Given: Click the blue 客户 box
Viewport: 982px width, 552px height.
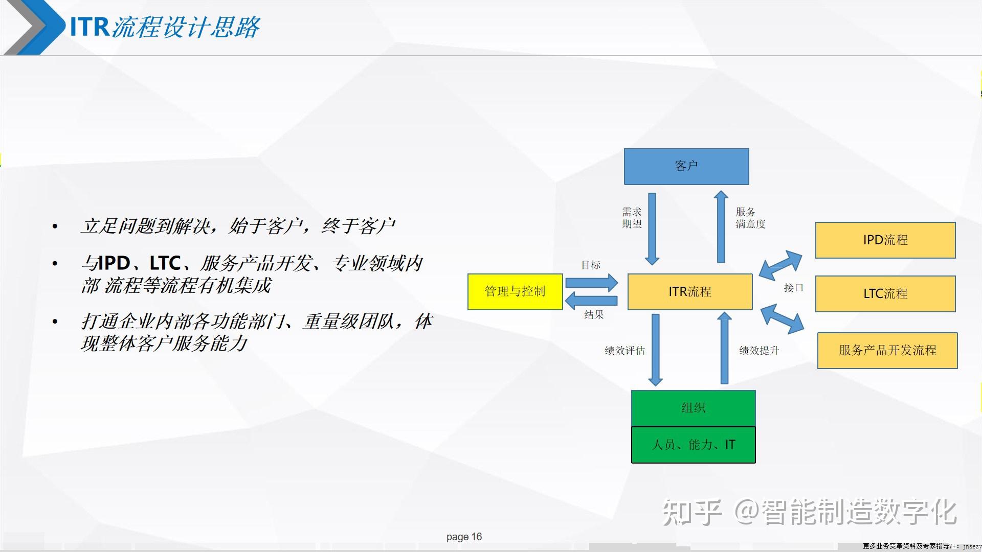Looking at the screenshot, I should (x=686, y=167).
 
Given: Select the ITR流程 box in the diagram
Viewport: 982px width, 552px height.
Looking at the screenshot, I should (x=690, y=292).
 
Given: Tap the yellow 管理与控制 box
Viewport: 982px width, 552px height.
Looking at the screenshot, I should (x=515, y=292).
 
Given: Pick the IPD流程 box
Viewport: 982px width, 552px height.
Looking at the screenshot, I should (x=885, y=240).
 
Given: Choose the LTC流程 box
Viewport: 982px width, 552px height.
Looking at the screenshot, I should (x=885, y=294).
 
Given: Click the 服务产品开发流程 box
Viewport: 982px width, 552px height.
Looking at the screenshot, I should (x=887, y=351).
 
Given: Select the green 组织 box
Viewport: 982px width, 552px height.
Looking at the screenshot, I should (x=693, y=408).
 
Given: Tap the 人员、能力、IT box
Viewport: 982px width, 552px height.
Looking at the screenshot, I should (x=693, y=445).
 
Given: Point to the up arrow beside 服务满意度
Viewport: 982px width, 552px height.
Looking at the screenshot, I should (x=721, y=227).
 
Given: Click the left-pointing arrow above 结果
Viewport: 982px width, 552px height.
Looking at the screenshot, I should (x=591, y=301).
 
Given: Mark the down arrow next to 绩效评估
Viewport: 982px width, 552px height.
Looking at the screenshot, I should (x=655, y=350).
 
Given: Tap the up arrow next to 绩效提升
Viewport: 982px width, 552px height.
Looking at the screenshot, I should (x=724, y=349).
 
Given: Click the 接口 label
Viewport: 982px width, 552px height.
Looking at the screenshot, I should (x=793, y=288).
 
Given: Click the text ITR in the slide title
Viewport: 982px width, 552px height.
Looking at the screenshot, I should (x=90, y=27).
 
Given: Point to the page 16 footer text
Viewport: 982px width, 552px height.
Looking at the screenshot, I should (x=464, y=537).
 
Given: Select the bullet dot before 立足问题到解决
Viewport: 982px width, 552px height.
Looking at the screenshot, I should (x=55, y=226).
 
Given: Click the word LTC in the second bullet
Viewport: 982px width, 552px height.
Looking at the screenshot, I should (x=165, y=264).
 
